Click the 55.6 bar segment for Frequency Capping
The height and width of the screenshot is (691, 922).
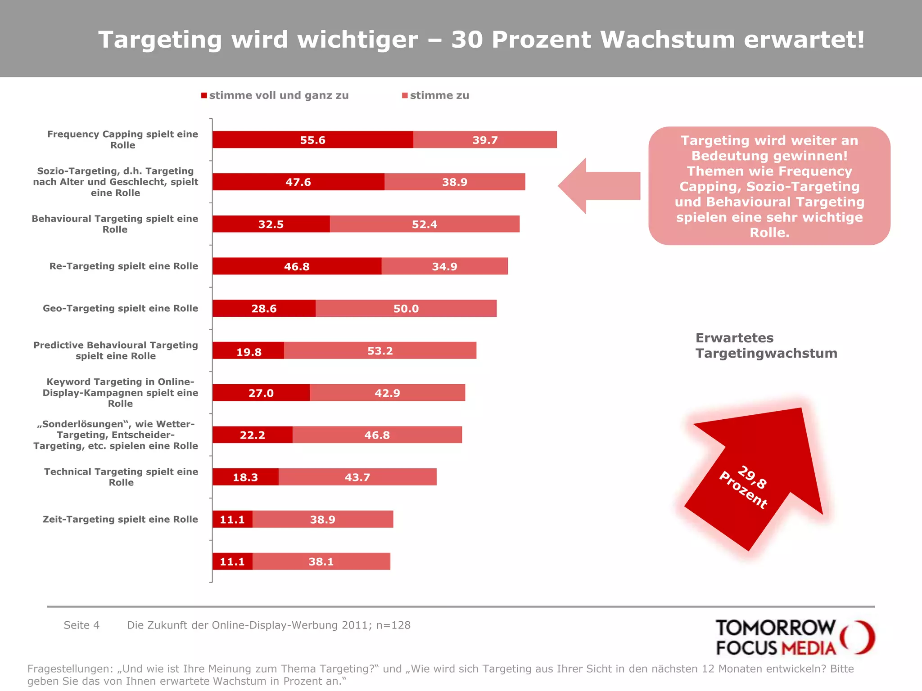click(312, 140)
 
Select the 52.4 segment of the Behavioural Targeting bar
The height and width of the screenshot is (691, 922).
click(424, 224)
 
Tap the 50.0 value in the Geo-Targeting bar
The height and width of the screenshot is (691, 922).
click(406, 309)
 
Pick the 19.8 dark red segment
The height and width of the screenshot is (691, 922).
click(249, 351)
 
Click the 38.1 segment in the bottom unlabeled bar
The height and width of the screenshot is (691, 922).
click(321, 561)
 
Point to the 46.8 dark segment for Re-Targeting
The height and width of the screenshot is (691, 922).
click(297, 266)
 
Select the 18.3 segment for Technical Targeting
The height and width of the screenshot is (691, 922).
click(245, 477)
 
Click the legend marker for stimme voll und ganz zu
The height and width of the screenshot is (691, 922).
click(204, 95)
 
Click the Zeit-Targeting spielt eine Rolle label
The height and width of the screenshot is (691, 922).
click(120, 519)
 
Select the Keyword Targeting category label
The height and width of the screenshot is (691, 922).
click(120, 393)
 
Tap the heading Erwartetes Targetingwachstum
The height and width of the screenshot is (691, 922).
click(766, 345)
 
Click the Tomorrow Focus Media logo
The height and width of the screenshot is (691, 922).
click(794, 637)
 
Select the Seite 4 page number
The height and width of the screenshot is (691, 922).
click(81, 625)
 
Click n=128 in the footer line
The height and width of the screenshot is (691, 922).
click(393, 625)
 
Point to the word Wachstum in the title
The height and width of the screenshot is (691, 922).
click(668, 40)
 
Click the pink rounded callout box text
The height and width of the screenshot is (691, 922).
click(769, 186)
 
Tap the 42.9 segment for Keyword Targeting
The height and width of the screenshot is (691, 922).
click(387, 393)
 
